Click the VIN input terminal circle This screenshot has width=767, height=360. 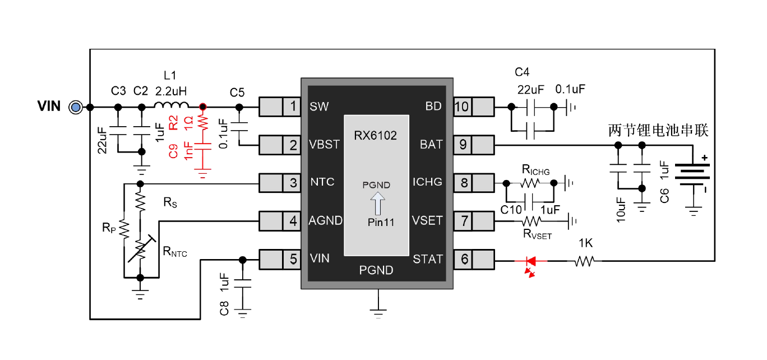coord(75,107)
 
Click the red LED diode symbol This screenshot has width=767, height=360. coord(529,261)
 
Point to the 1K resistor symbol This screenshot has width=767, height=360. coord(585,261)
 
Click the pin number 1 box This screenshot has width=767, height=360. coord(292,106)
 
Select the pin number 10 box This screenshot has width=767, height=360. coord(463,106)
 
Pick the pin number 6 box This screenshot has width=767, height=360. coord(463,259)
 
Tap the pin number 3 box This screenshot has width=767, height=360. coord(292,182)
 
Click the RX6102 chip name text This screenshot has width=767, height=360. coord(375,136)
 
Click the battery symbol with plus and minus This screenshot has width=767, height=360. coord(692,174)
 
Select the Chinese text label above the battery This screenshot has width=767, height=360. coord(658,131)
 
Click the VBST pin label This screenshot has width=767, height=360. coord(324,144)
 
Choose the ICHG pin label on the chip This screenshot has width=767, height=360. coord(427,182)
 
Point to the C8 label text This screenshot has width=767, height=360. coord(224,307)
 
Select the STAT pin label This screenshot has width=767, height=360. coord(427,259)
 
